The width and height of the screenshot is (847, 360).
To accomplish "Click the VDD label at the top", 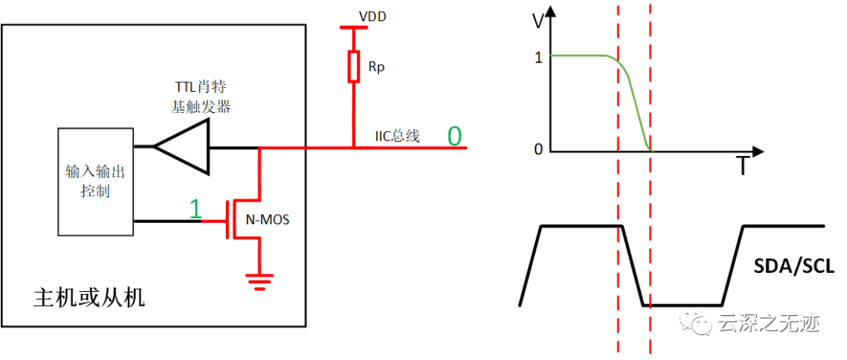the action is point(373,18).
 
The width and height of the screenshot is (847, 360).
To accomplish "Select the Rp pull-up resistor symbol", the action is point(353,67).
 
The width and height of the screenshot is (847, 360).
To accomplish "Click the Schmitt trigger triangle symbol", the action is point(181,147).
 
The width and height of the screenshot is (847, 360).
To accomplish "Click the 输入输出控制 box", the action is point(96,182).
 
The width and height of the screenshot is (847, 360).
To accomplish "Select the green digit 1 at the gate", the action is point(195,209).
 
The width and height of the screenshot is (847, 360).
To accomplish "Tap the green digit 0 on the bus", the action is point(454,136).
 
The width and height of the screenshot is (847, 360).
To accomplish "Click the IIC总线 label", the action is point(398,136).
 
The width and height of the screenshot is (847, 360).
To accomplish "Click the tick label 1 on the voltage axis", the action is point(538,57).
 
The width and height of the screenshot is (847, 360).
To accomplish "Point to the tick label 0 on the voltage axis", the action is point(538,149).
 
